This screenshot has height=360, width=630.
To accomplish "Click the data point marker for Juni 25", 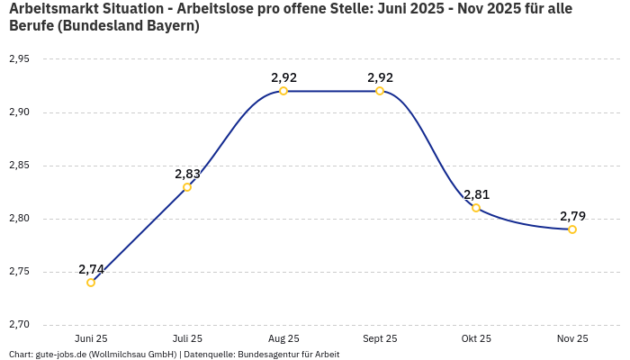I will coord(91,283).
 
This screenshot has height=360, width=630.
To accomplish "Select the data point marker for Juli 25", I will coord(187,187).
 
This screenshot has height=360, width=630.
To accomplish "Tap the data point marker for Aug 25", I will coord(283,91).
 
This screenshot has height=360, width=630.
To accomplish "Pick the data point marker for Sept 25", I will coord(380,91).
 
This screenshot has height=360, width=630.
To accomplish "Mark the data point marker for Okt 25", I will coord(476,208).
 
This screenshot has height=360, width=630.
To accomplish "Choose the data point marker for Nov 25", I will coord(572,229).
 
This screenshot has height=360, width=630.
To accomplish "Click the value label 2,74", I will coord(91,269).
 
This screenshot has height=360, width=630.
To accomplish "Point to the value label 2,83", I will coord(187,174).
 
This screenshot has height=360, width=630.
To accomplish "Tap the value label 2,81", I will coord(476,194).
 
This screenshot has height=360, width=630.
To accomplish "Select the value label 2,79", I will coord(572,216).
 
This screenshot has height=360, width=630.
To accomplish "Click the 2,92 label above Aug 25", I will coord(283,77).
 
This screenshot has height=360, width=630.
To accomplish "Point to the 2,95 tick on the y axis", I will coord(19,59).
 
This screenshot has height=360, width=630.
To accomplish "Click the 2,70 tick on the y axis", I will coord(19,325).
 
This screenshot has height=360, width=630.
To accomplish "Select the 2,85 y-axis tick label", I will coord(19,166).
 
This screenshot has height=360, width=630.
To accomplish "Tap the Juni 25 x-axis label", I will coord(91,338).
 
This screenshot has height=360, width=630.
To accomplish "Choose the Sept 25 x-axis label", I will coord(380,338).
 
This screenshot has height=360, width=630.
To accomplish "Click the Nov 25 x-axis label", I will coord(572,338).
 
